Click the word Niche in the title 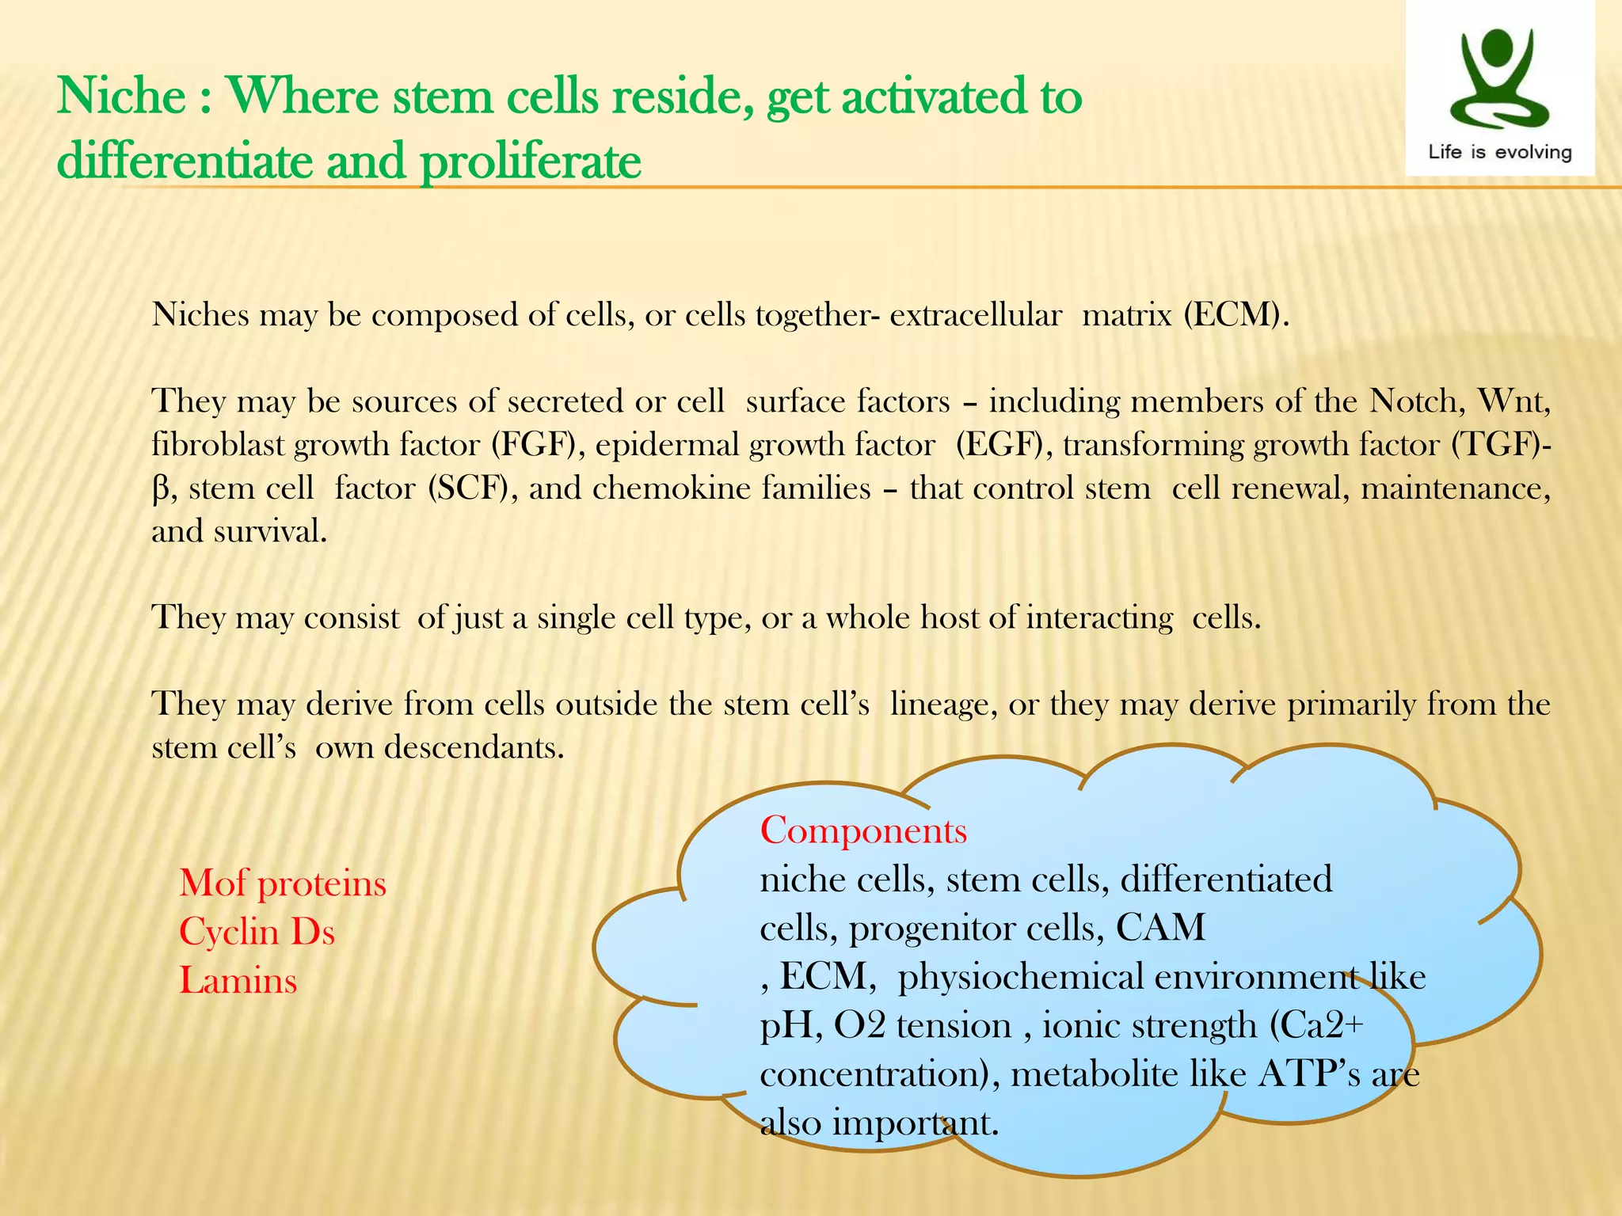pyautogui.click(x=121, y=97)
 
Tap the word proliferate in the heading pyautogui.click(x=530, y=162)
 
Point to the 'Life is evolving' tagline pyautogui.click(x=1499, y=152)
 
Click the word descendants pyautogui.click(x=474, y=747)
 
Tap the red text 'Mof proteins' pyautogui.click(x=283, y=883)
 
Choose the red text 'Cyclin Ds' pyautogui.click(x=257, y=932)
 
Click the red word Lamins pyautogui.click(x=238, y=981)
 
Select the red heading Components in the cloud pyautogui.click(x=863, y=831)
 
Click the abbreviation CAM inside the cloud pyautogui.click(x=1160, y=928)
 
